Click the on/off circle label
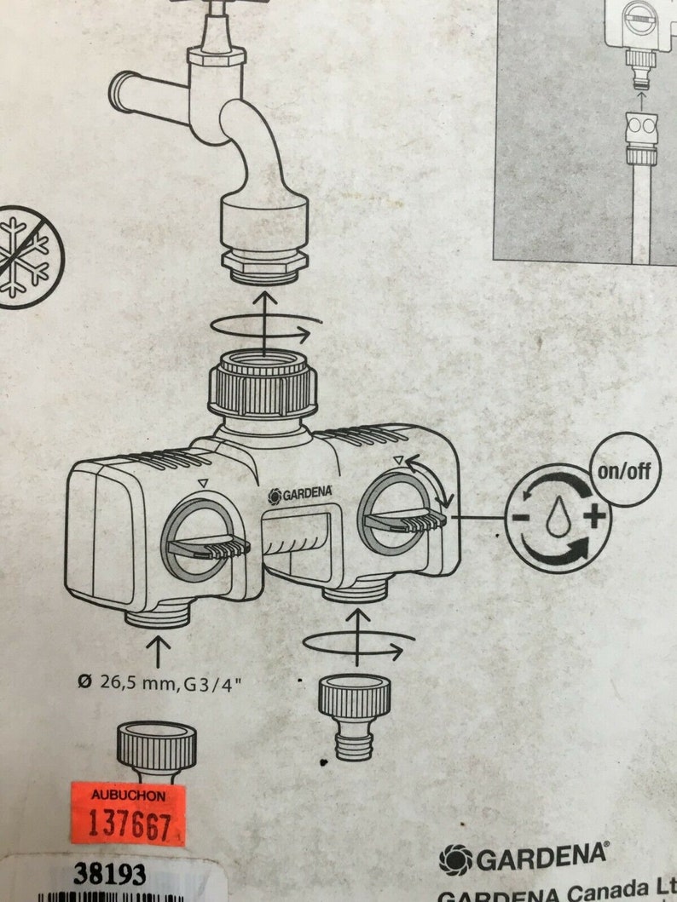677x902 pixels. pyautogui.click(x=625, y=469)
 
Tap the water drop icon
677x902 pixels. pyautogui.click(x=558, y=517)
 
